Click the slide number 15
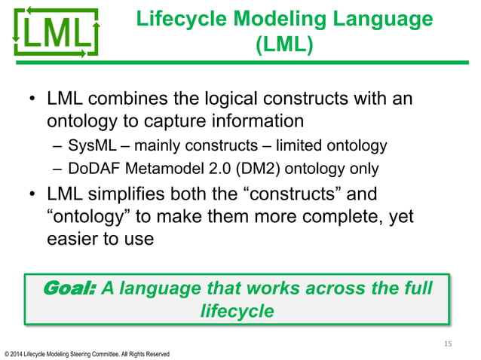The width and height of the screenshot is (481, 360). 447,343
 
